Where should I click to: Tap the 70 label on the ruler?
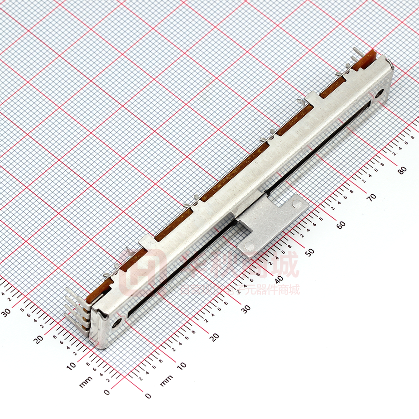click(371, 197)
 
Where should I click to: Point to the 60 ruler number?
click(341, 224)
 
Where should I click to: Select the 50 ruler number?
click(310, 251)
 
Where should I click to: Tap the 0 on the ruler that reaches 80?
click(148, 395)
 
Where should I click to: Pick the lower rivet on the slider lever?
click(248, 246)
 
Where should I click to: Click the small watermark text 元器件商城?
click(272, 290)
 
